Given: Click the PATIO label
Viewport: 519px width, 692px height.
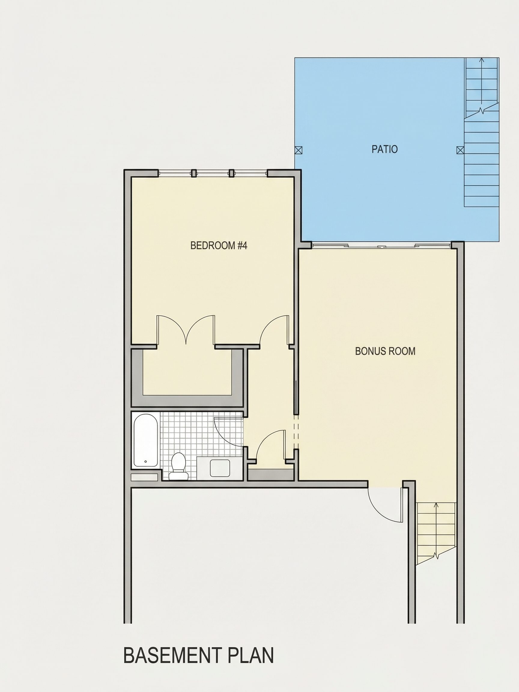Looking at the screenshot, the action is click(x=384, y=149).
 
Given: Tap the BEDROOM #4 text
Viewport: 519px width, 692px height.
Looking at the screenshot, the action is click(x=219, y=246).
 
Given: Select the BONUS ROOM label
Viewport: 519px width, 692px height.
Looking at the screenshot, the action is click(x=385, y=351).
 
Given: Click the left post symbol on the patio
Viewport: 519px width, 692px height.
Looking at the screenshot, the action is click(x=299, y=150).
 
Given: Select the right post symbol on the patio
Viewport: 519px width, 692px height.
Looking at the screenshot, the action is click(x=460, y=150).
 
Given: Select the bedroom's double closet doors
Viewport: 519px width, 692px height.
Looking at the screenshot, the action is click(x=186, y=330).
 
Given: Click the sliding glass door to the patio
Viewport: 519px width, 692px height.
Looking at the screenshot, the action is click(x=381, y=246).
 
